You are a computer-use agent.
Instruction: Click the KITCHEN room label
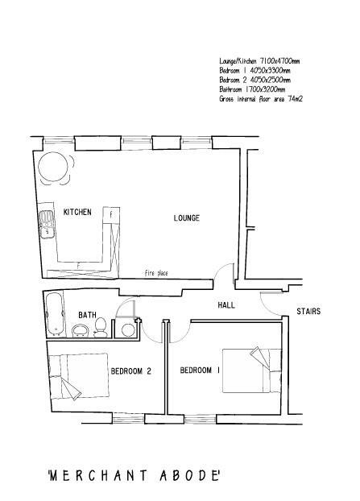[77, 212]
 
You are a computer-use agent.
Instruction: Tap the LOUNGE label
[186, 218]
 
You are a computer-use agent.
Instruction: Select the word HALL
[226, 306]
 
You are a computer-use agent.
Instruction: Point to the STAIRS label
[308, 311]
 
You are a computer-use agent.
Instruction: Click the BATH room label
[87, 315]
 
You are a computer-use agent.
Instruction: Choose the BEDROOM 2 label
[131, 371]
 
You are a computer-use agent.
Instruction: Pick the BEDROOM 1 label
[200, 371]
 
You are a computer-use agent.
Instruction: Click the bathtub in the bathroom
[55, 315]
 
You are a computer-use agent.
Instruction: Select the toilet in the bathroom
[100, 326]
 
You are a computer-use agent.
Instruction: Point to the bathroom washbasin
[81, 330]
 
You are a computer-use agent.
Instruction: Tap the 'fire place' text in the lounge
[157, 273]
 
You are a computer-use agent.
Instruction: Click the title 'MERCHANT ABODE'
[134, 475]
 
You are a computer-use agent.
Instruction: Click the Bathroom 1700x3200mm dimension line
[252, 89]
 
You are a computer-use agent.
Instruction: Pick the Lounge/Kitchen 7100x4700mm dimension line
[259, 61]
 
